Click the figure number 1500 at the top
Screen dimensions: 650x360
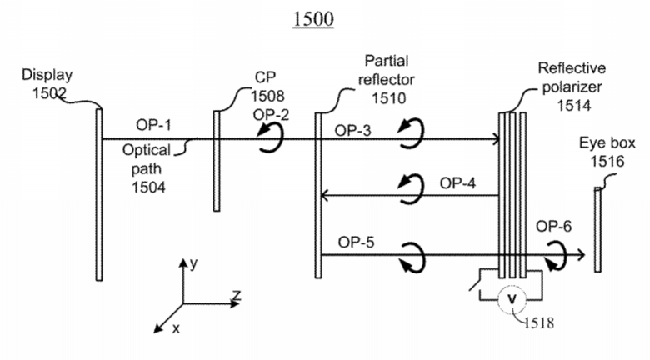pyautogui.click(x=313, y=18)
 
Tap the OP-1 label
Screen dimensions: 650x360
pyautogui.click(x=153, y=125)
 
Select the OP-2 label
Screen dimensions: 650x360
pyautogui.click(x=271, y=115)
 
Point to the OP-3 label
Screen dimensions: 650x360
pyautogui.click(x=353, y=131)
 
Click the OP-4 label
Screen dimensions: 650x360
pyautogui.click(x=457, y=182)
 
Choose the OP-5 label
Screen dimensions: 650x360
pyautogui.click(x=356, y=242)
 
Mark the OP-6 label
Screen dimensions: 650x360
pyautogui.click(x=554, y=226)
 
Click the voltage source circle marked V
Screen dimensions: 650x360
pyautogui.click(x=512, y=299)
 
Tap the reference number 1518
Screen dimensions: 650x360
pyautogui.click(x=539, y=322)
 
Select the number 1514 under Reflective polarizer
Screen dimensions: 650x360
pyautogui.click(x=573, y=105)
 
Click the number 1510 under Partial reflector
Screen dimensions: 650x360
pyautogui.click(x=388, y=98)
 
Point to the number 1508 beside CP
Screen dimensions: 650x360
pyautogui.click(x=267, y=96)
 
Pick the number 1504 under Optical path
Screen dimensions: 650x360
pyautogui.click(x=148, y=187)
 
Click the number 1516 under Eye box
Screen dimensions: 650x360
pyautogui.click(x=607, y=161)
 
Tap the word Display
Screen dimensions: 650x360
pyautogui.click(x=47, y=75)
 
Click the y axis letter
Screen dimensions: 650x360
pyautogui.click(x=193, y=264)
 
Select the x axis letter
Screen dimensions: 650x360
pyautogui.click(x=176, y=328)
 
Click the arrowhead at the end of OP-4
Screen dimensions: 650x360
pyautogui.click(x=325, y=195)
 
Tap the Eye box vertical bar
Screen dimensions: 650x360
pyautogui.click(x=597, y=230)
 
